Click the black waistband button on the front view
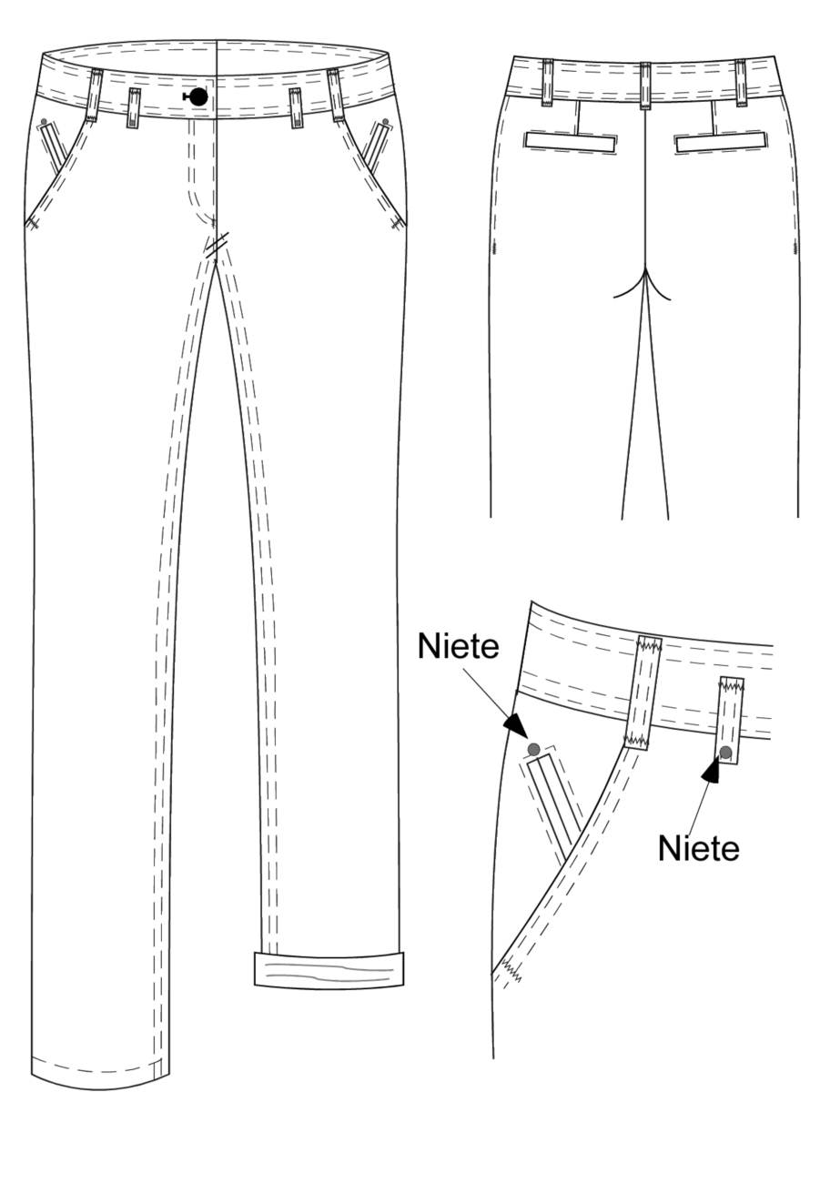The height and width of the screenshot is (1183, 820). tap(198, 96)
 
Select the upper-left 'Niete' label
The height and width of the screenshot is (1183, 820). tap(458, 646)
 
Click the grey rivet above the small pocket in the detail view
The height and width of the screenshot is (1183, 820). tap(533, 749)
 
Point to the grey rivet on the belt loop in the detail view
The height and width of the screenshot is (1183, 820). tap(726, 752)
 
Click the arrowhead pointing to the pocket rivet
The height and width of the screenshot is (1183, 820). tap(516, 726)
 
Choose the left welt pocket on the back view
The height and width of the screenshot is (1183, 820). tap(570, 140)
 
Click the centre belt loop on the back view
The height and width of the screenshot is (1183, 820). tap(645, 86)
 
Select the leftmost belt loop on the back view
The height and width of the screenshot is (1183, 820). tap(547, 82)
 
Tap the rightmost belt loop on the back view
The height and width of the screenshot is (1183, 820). tap(740, 83)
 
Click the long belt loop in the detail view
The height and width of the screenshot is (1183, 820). tap(643, 693)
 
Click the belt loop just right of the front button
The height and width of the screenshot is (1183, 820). tap(296, 108)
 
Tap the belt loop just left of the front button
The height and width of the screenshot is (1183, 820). tap(133, 108)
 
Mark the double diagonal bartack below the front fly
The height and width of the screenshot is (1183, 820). tap(218, 245)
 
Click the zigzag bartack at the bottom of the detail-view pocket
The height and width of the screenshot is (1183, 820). tap(510, 970)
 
